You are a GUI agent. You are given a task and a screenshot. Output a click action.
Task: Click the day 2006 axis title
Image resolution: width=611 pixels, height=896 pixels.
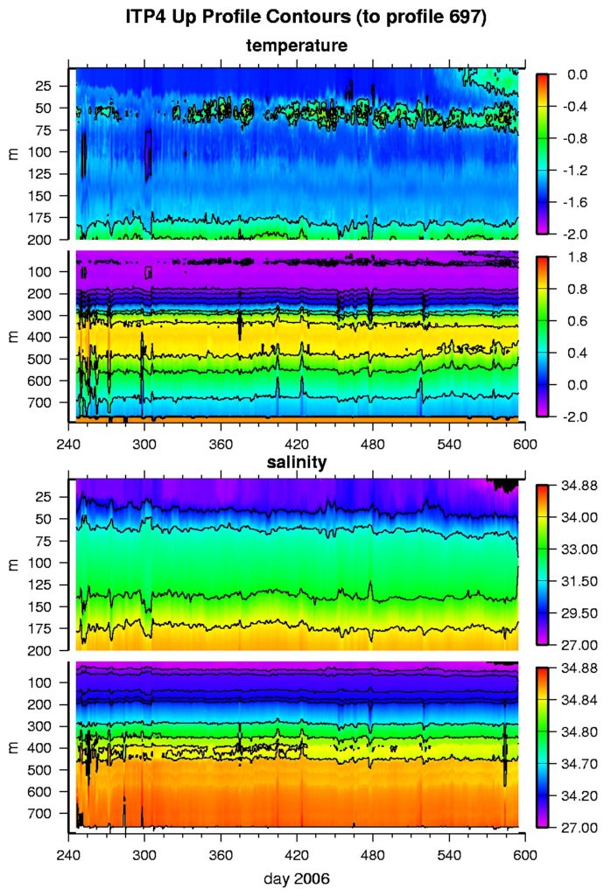tap(298, 878)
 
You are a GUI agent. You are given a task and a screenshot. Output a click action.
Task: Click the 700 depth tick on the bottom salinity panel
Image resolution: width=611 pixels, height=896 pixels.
tap(46, 814)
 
